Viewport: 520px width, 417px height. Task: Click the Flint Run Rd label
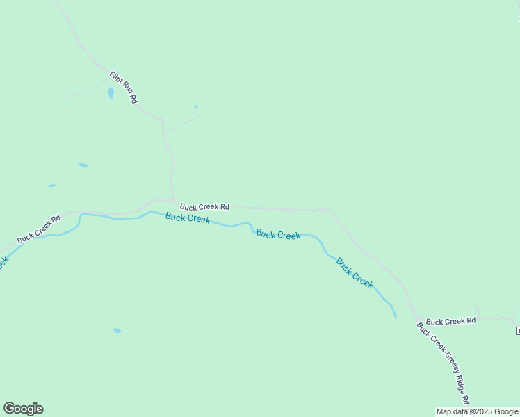tap(123, 87)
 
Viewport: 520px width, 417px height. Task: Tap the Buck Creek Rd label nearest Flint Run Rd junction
tap(204, 206)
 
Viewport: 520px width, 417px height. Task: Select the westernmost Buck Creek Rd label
tap(39, 229)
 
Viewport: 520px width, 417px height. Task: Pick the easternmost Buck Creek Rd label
tap(450, 321)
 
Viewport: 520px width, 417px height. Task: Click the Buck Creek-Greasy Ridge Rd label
tap(443, 363)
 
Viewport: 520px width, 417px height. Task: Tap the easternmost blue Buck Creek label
tap(355, 273)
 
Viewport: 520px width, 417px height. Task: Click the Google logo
tap(23, 409)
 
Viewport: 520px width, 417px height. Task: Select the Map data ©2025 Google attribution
tap(477, 411)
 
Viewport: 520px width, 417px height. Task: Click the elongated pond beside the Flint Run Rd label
tap(111, 93)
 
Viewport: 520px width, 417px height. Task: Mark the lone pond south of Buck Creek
tap(117, 330)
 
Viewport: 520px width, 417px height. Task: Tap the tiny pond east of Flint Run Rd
tap(195, 106)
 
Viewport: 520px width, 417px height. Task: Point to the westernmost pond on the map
tap(51, 186)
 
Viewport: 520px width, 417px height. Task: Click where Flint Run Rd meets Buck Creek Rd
tap(174, 202)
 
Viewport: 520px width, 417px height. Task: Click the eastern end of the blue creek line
tap(396, 318)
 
